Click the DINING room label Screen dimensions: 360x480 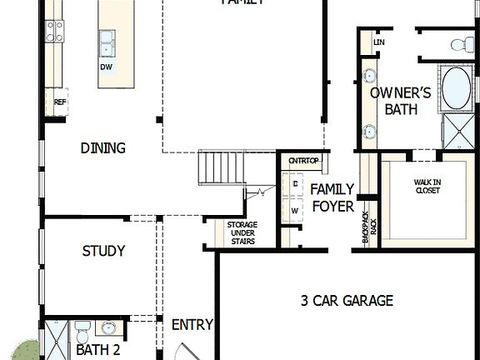[103, 148]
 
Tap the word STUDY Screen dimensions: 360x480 [103, 251]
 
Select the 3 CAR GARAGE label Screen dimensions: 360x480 [347, 301]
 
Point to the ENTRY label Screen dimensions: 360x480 [192, 325]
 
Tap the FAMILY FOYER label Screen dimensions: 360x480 [332, 197]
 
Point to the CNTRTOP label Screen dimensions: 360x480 [303, 161]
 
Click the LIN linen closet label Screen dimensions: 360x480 [379, 42]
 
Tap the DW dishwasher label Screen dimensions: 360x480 [107, 67]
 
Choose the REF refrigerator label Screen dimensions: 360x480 [59, 102]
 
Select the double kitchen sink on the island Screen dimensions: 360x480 [108, 40]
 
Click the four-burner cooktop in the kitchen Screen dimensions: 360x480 [55, 32]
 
